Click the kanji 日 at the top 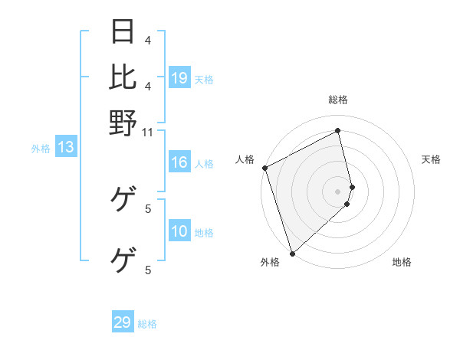tap(123, 31)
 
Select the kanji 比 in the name tap(123, 76)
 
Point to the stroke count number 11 tap(148, 132)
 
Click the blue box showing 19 tap(179, 77)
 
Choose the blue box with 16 tap(179, 162)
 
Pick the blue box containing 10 tap(179, 232)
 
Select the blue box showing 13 tap(66, 147)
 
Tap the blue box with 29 tap(123, 322)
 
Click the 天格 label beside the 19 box tap(204, 79)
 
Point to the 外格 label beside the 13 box tap(41, 149)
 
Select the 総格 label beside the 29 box tap(147, 324)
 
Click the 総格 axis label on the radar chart tap(338, 100)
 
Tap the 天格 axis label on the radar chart tap(432, 159)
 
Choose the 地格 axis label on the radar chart tap(402, 262)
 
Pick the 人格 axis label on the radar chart tap(245, 159)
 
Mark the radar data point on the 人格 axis tap(264, 168)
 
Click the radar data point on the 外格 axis tap(292, 252)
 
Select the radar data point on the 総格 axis tap(338, 132)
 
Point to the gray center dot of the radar tap(338, 191)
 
